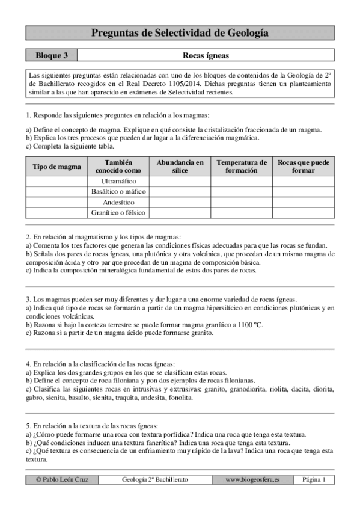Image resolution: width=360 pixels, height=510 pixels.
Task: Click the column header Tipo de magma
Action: coord(56,167)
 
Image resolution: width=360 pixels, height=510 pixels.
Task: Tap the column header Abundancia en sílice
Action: coord(180,167)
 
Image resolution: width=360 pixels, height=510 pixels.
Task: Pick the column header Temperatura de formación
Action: coord(242,167)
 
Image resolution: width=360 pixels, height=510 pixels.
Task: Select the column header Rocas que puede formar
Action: coord(303,167)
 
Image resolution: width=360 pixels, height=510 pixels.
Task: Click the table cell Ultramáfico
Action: coord(118,181)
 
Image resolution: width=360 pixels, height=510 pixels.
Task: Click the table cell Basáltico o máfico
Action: coord(118,192)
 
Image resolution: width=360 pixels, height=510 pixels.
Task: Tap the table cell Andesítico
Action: coord(118,202)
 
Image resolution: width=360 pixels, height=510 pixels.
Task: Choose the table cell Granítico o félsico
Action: coord(118,213)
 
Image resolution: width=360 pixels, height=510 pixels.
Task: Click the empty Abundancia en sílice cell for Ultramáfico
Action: coord(180,181)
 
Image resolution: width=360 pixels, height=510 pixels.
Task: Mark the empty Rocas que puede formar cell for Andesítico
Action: coord(303,202)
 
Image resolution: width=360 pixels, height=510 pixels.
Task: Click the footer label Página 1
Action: coord(314,479)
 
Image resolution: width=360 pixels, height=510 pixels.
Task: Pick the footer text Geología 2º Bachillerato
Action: coord(154,479)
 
